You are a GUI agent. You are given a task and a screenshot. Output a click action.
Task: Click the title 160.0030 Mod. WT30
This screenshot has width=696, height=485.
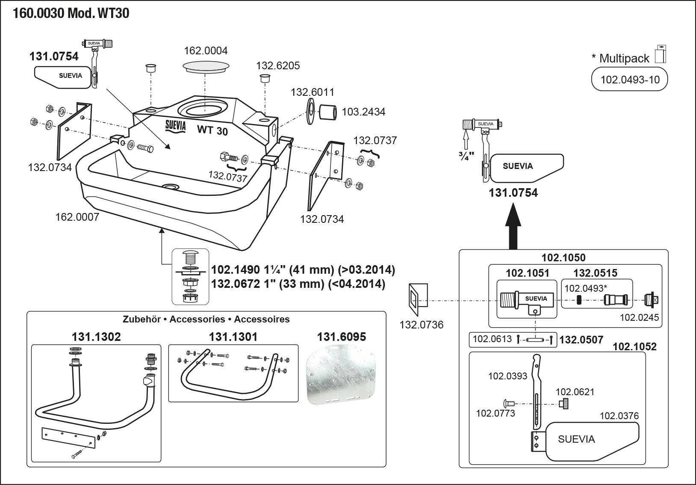coord(71,14)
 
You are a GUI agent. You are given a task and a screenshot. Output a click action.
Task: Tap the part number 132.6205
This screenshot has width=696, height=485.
coord(278,65)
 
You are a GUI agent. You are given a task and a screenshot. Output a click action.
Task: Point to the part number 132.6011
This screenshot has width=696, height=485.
coord(313,92)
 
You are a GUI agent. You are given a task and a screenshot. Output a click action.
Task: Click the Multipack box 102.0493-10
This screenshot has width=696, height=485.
coord(630,80)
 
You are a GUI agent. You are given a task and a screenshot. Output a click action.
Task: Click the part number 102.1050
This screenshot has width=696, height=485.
coord(563,257)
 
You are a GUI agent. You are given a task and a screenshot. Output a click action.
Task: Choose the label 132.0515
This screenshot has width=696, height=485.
coord(595,273)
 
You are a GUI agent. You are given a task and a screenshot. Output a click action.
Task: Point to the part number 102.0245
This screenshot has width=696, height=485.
coord(639,317)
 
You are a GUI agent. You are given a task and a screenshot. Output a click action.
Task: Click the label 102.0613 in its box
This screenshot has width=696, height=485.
coord(492,339)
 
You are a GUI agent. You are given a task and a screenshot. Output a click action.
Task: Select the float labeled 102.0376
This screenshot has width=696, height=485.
coord(592,441)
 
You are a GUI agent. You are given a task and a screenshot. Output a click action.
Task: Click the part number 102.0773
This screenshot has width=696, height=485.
coord(495,413)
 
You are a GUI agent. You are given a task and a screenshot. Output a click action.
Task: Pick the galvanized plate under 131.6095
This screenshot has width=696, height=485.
coord(341,376)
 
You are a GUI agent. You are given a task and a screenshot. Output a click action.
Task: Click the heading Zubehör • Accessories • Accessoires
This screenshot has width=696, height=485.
coord(206,319)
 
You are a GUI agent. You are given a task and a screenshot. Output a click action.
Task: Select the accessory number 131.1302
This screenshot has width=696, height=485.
coord(96,337)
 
